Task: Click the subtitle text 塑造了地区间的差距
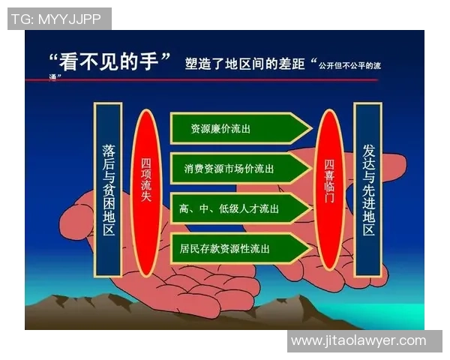(244, 64)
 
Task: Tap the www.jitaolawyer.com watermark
(358, 341)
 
